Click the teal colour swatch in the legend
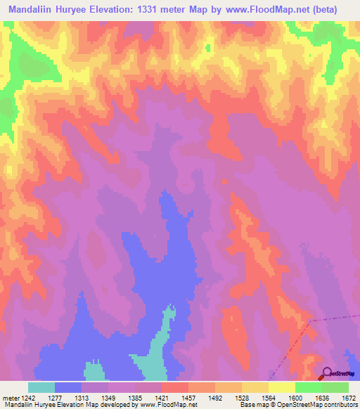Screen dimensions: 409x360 (41, 387)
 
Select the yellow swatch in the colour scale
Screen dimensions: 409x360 (281, 387)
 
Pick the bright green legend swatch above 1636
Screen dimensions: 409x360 (308, 387)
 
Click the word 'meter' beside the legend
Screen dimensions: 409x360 (9, 397)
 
